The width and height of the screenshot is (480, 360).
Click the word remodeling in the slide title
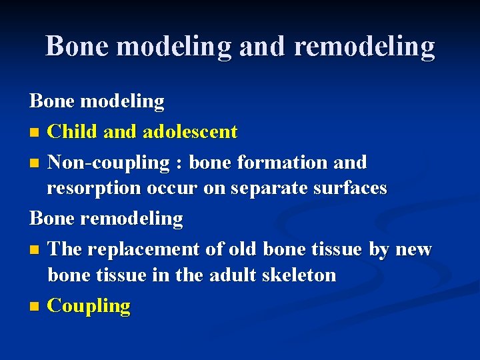(364, 46)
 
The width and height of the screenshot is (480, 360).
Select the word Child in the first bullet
(74, 132)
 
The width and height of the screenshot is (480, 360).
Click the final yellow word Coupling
(89, 306)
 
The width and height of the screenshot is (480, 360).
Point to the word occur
(175, 189)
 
